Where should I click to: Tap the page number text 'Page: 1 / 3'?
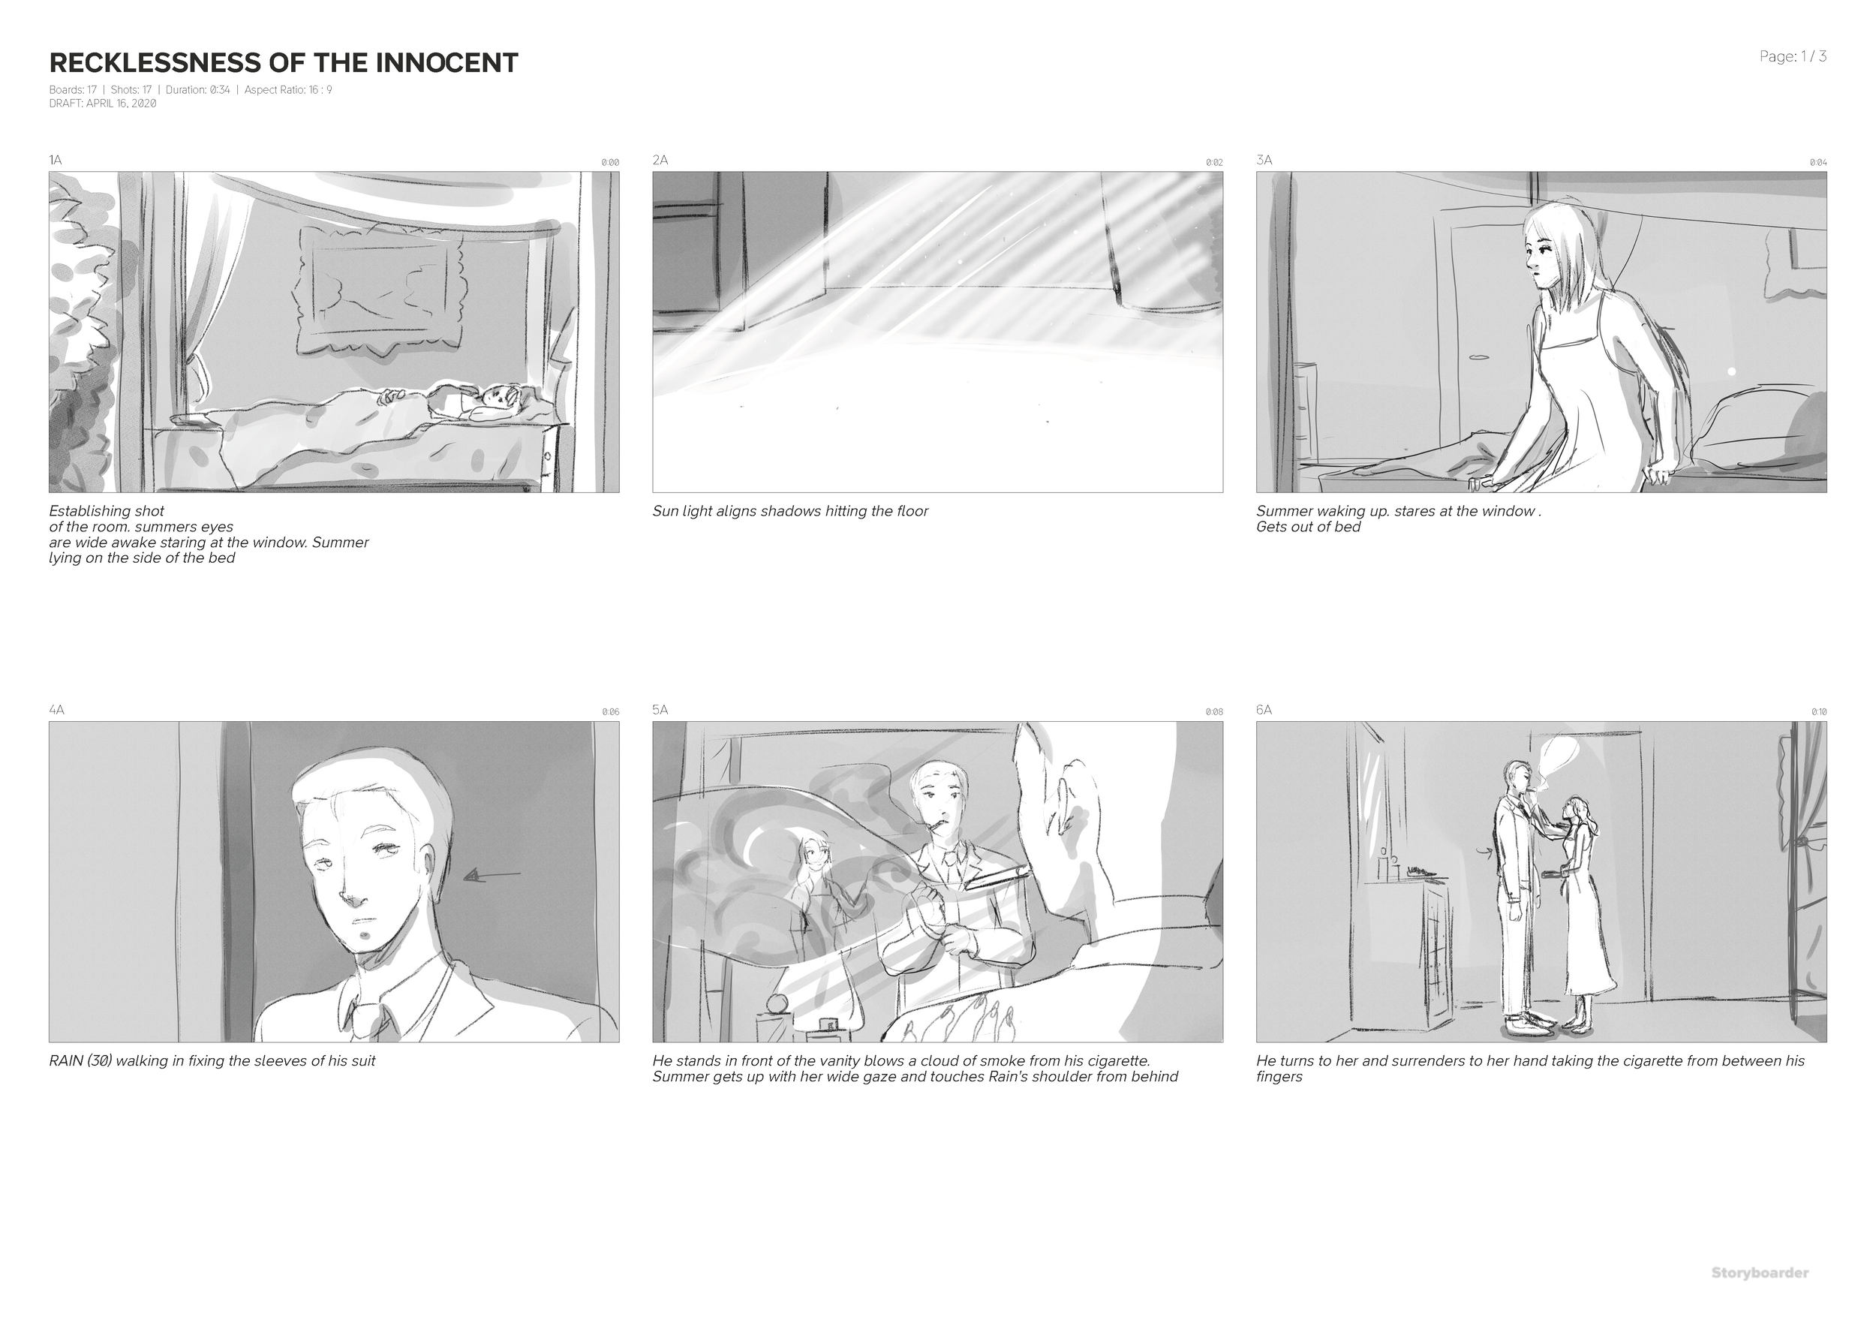[1793, 56]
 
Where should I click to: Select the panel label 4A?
[56, 709]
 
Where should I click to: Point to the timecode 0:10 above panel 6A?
[1818, 711]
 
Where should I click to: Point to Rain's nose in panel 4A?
[353, 899]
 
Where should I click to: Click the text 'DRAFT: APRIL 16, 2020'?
[103, 104]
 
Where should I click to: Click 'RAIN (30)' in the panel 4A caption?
[81, 1060]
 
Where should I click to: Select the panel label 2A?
[660, 159]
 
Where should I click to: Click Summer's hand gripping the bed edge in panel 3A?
[1658, 474]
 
